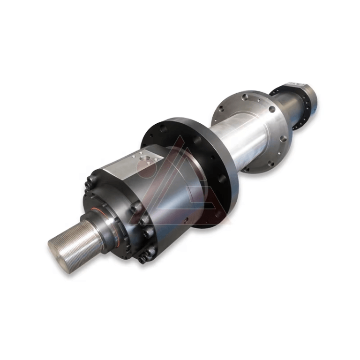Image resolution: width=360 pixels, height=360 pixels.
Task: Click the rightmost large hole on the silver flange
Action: coord(284,138)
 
